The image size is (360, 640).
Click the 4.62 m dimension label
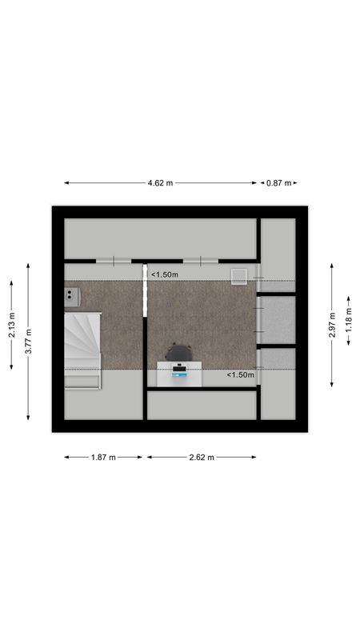(x=160, y=183)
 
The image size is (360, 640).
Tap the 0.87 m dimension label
(x=278, y=183)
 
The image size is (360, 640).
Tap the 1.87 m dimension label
(x=103, y=458)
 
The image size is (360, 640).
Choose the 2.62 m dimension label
(x=202, y=458)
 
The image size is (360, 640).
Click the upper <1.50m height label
(x=165, y=274)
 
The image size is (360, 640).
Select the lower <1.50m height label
(x=240, y=374)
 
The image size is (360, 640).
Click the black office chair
(x=178, y=352)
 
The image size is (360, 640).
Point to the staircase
(x=82, y=340)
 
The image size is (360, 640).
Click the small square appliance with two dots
(x=72, y=296)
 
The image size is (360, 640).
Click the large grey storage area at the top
(x=160, y=238)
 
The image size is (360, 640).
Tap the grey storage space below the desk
(x=202, y=405)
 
